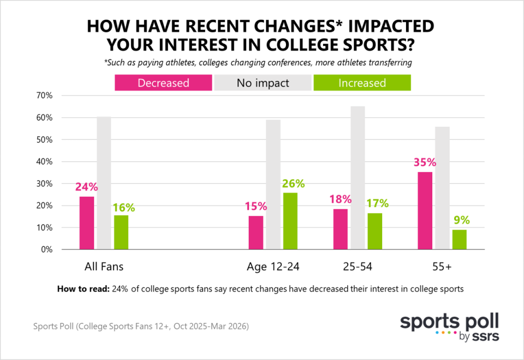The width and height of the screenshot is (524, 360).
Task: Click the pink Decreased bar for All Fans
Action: click(87, 223)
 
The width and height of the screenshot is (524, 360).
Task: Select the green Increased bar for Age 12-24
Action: click(290, 221)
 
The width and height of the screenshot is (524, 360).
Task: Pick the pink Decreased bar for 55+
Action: click(425, 210)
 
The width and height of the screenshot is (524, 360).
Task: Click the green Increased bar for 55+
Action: click(460, 239)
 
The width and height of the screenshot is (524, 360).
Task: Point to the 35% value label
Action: click(424, 163)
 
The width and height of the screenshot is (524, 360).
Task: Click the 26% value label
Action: click(294, 184)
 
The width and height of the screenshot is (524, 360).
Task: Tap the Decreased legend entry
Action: click(163, 83)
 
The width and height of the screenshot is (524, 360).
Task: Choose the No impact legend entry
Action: click(263, 83)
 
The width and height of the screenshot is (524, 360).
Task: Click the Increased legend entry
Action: click(361, 83)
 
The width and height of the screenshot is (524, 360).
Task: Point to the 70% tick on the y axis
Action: click(44, 96)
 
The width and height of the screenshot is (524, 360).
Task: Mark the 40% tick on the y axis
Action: click(44, 162)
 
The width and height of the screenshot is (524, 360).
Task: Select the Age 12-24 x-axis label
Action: click(272, 267)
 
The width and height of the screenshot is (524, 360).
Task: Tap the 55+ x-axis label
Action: click(442, 267)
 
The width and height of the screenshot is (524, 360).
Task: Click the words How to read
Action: click(82, 290)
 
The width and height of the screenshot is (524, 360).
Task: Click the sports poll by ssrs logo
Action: click(449, 327)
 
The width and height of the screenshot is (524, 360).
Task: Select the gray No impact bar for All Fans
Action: click(104, 183)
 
